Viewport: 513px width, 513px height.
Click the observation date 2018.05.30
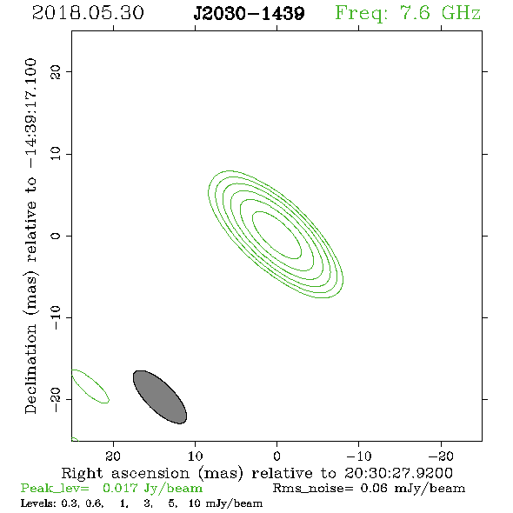click(88, 13)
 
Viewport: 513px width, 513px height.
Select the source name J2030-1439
click(249, 14)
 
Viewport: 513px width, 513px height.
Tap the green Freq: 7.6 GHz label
click(408, 14)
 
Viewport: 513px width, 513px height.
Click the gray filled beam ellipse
click(160, 396)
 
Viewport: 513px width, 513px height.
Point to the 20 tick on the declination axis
click(56, 71)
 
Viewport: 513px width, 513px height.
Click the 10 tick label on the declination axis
click(56, 153)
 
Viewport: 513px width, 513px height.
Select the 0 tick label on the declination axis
click(56, 236)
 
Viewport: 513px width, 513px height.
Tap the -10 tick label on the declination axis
click(56, 317)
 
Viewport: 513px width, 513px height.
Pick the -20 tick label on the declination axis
click(56, 399)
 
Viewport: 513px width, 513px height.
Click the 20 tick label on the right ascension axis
click(113, 456)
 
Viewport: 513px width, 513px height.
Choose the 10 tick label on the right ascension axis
click(196, 456)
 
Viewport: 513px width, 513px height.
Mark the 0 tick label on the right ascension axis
click(276, 456)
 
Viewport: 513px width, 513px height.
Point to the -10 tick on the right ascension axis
click(359, 456)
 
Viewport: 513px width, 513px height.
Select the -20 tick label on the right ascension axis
click(441, 456)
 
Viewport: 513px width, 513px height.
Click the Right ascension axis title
click(257, 473)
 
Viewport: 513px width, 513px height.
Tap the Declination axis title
click(30, 236)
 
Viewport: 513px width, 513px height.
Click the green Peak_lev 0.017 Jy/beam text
click(111, 489)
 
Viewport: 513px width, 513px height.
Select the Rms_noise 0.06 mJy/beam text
click(369, 489)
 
